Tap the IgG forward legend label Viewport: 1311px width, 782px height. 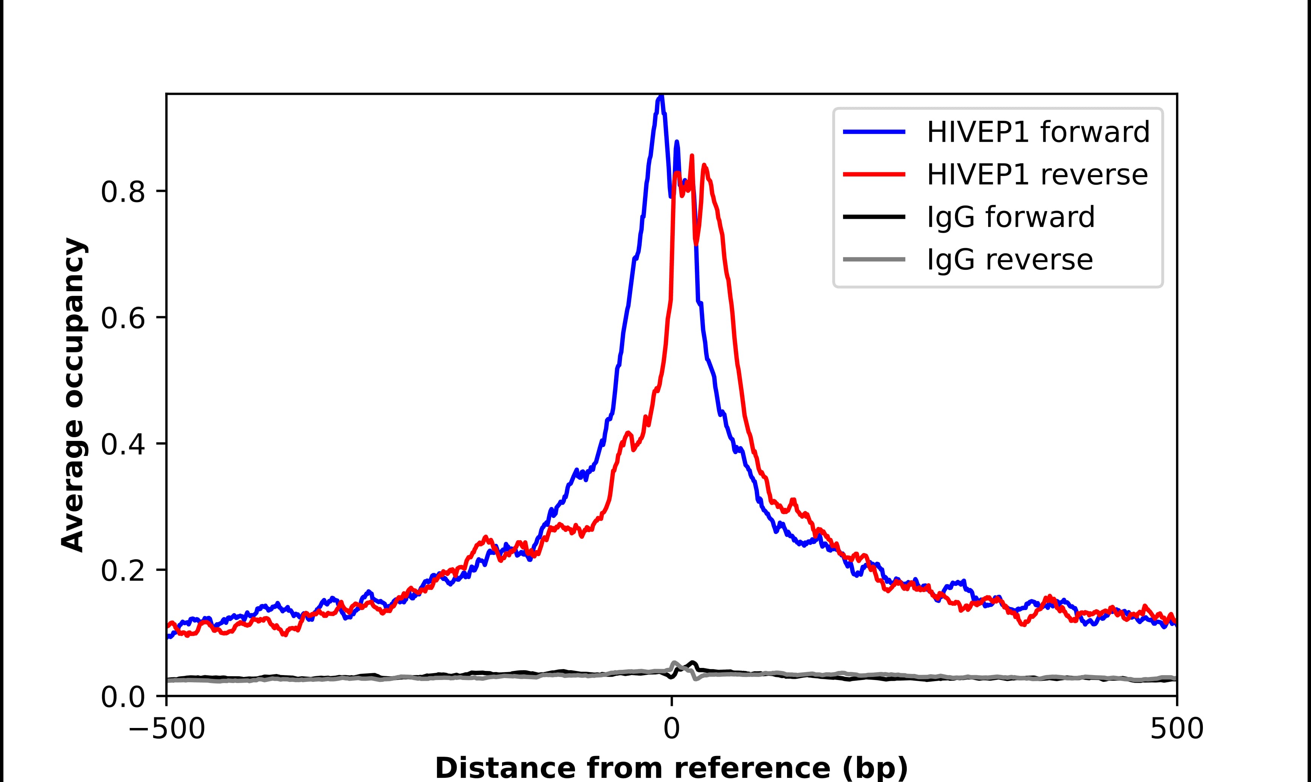pos(1010,217)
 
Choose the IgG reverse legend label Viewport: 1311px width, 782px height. pos(1009,260)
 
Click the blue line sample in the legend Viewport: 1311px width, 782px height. pos(874,132)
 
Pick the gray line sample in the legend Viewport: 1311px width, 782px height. pos(874,259)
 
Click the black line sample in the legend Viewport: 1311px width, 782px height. pos(874,216)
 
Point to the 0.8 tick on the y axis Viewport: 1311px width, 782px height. pos(122,192)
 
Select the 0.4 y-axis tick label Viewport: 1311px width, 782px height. pos(122,444)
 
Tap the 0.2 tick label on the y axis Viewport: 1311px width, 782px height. pos(122,571)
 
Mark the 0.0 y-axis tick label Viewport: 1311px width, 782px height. pos(122,697)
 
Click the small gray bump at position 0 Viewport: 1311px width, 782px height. pos(674,663)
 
